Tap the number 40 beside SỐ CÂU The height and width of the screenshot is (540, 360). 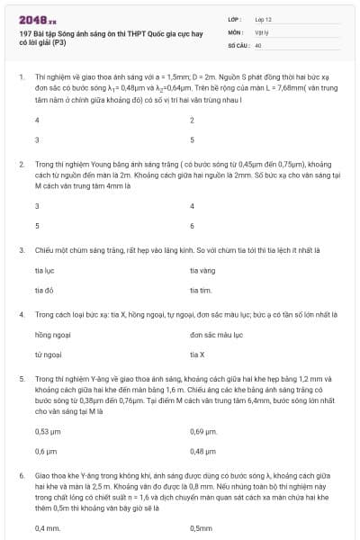[258, 44]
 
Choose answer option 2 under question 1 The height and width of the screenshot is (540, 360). [192, 121]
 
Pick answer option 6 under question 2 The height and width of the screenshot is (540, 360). [192, 225]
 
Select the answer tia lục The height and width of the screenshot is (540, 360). [43, 270]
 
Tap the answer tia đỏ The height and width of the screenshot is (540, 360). [43, 290]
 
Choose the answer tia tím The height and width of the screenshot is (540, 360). [200, 290]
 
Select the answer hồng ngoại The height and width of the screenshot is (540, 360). [51, 335]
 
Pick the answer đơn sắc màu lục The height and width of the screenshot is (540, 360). [217, 335]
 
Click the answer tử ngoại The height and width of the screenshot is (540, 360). [48, 355]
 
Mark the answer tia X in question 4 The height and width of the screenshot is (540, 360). [197, 355]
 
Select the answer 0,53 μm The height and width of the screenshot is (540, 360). [47, 431]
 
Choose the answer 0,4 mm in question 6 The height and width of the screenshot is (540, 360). [47, 527]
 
